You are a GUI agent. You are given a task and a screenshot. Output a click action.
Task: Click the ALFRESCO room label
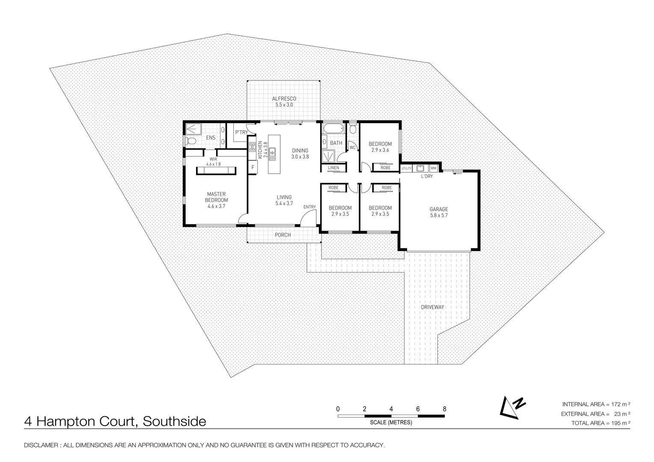click(x=284, y=99)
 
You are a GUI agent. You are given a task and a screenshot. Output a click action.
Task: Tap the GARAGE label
click(x=439, y=210)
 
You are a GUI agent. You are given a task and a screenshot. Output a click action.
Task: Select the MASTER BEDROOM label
click(x=216, y=197)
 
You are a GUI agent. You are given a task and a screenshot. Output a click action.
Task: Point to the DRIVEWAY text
click(x=432, y=307)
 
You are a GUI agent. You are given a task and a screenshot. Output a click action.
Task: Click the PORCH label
click(x=282, y=235)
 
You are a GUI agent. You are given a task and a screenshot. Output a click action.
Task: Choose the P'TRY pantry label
click(x=241, y=133)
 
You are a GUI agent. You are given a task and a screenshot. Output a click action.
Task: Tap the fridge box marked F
click(x=253, y=167)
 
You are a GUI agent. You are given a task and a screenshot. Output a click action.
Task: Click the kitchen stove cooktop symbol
click(x=252, y=148)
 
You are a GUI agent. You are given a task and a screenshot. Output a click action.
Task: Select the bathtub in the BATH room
click(x=333, y=128)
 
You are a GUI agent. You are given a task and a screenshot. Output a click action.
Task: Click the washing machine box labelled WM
click(x=433, y=169)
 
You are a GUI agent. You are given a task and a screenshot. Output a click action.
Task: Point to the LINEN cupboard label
click(x=333, y=168)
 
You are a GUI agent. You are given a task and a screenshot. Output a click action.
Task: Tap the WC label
click(x=353, y=148)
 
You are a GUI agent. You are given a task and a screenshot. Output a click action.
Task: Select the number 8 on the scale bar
click(x=444, y=409)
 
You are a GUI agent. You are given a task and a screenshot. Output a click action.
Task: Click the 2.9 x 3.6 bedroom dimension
click(x=380, y=150)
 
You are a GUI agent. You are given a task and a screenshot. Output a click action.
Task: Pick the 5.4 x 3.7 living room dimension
click(x=284, y=204)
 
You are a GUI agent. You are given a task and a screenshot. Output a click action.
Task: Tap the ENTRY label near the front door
click(x=309, y=207)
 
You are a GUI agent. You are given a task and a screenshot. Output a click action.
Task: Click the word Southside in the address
click(x=174, y=422)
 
